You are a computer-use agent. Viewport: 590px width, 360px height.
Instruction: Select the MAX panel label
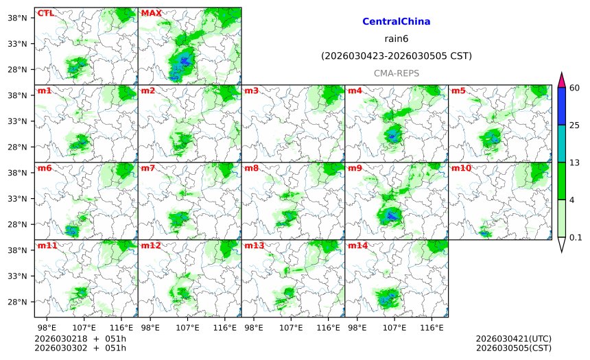click(x=150, y=13)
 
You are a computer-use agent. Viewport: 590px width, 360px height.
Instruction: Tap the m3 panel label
click(x=251, y=91)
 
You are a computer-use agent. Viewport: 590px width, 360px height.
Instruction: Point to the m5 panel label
click(x=458, y=91)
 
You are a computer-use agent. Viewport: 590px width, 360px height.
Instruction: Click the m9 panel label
click(x=355, y=168)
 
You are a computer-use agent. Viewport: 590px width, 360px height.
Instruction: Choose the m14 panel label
click(x=357, y=245)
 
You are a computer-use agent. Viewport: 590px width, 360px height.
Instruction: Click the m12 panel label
click(x=150, y=245)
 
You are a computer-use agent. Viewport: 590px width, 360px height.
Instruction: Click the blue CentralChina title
click(x=397, y=22)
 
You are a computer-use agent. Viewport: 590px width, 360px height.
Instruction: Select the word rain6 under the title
click(x=397, y=39)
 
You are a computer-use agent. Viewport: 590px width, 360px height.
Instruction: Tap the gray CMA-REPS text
click(x=397, y=73)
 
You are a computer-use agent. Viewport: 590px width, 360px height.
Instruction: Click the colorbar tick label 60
click(x=575, y=87)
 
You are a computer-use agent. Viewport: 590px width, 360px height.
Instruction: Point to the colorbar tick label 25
click(x=575, y=125)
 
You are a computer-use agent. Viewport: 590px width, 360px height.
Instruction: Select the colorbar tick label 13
click(x=575, y=162)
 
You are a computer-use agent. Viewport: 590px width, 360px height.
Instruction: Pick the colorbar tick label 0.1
click(x=576, y=237)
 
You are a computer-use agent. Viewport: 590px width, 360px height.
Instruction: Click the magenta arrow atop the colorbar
click(x=561, y=80)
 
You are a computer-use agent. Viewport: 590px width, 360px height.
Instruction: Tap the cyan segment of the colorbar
click(x=561, y=143)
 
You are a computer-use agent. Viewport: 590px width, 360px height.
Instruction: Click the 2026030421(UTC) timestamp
click(x=513, y=339)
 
